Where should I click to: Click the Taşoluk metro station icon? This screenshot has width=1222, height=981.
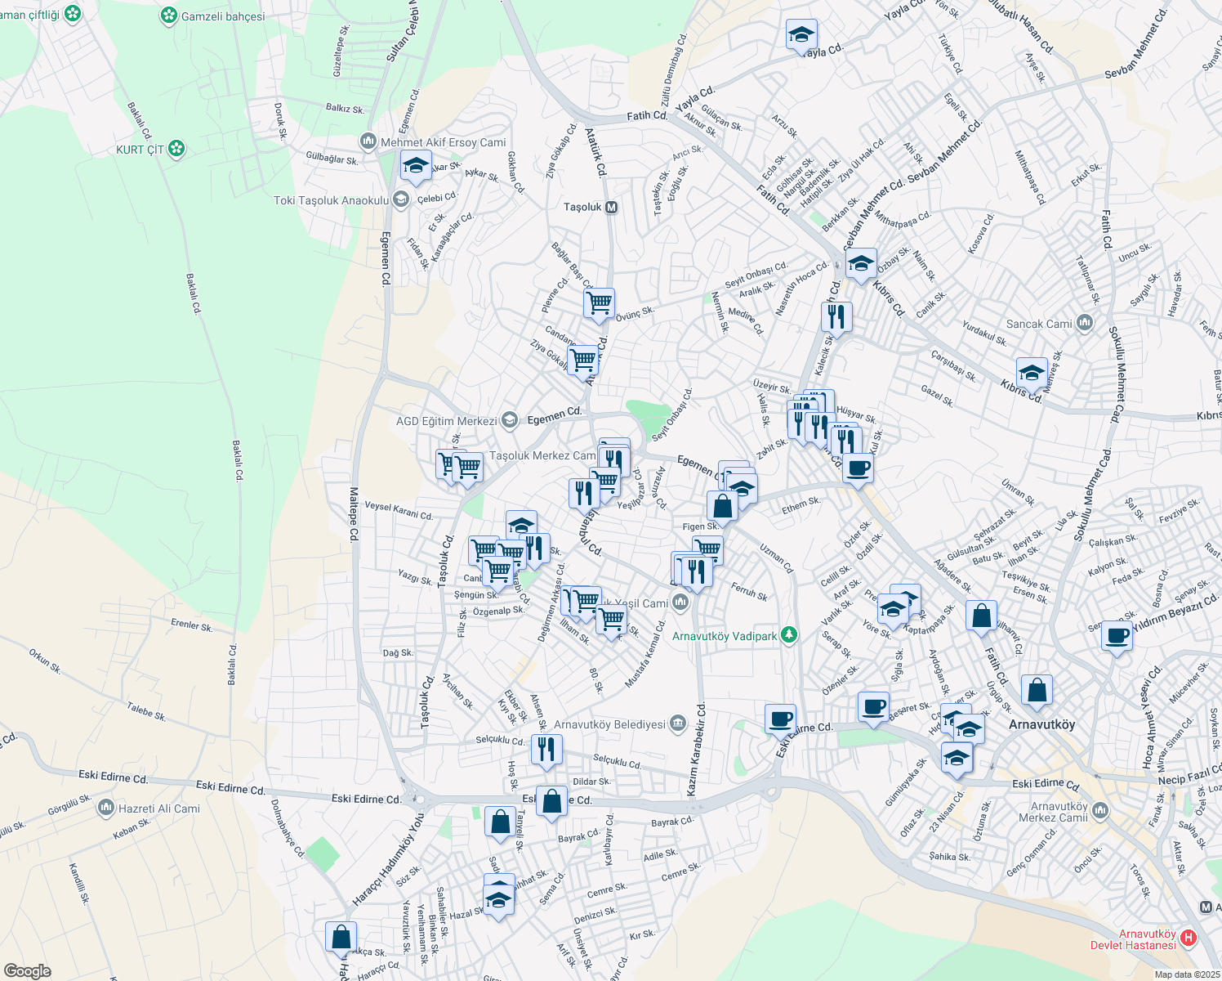(x=611, y=207)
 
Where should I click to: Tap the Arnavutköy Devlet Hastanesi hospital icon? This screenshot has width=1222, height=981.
(x=1189, y=938)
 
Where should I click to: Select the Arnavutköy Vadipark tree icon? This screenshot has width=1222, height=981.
(x=788, y=635)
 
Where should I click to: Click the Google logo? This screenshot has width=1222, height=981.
(x=27, y=970)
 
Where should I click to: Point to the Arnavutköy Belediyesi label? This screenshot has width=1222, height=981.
(x=609, y=724)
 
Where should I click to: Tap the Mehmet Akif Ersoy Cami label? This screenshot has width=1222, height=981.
(x=444, y=142)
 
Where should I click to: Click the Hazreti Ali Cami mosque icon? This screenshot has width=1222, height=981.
(x=105, y=809)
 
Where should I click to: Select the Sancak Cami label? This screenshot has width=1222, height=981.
(x=1039, y=324)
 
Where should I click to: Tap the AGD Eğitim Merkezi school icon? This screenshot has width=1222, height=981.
(x=510, y=421)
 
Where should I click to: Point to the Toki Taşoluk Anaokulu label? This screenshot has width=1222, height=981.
(x=331, y=200)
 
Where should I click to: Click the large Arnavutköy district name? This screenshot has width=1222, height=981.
(x=1042, y=724)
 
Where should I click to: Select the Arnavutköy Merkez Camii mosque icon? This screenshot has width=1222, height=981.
(x=1100, y=811)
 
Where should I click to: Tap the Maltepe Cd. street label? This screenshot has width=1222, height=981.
(x=354, y=514)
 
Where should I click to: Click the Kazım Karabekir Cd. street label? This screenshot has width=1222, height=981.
(x=696, y=749)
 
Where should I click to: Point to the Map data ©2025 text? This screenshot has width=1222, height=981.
(x=1186, y=974)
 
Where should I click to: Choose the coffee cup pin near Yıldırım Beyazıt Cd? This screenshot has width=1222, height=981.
(x=1117, y=635)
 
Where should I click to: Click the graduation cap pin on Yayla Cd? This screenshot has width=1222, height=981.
(x=801, y=35)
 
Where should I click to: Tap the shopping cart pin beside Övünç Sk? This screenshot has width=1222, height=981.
(x=600, y=303)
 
